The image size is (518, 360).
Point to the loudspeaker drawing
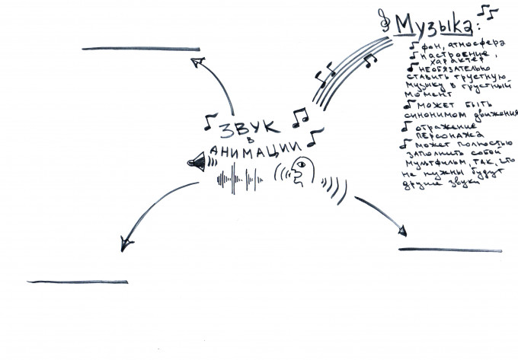pyautogui.click(x=197, y=162)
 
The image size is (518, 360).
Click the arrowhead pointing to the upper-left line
pyautogui.click(x=197, y=62)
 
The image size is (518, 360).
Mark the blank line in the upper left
pyautogui.click(x=138, y=48)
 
